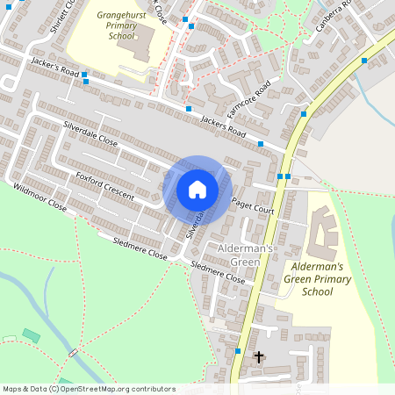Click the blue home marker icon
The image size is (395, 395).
pos(197,189)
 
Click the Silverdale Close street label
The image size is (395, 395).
pos(90,133)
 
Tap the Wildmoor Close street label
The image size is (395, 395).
pos(39,197)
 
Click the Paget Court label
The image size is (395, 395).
pos(254,207)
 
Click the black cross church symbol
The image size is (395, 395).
pos(259,357)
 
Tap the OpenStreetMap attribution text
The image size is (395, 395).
pos(88,388)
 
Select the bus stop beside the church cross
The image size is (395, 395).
pos(238,351)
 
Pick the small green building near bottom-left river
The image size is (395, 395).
pos(31,334)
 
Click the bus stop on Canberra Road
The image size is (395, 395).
pos(364,61)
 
